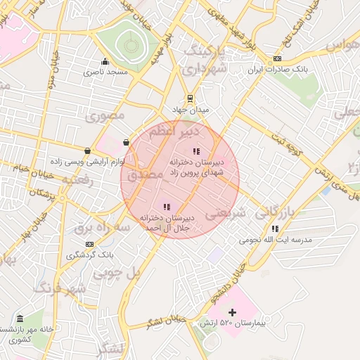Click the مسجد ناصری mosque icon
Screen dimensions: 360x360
click(x=105, y=61)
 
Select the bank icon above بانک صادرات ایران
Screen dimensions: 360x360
click(x=278, y=58)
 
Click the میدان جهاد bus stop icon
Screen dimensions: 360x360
click(x=188, y=98)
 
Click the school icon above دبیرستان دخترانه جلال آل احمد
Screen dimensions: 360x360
click(x=166, y=207)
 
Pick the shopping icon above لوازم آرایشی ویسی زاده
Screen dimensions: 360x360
click(x=87, y=150)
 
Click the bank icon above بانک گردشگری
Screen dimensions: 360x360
click(x=89, y=243)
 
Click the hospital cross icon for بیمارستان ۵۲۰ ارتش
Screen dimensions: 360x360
click(x=233, y=311)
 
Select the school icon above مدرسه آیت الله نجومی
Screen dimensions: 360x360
click(x=274, y=229)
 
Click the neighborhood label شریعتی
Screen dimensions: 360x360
click(x=226, y=213)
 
